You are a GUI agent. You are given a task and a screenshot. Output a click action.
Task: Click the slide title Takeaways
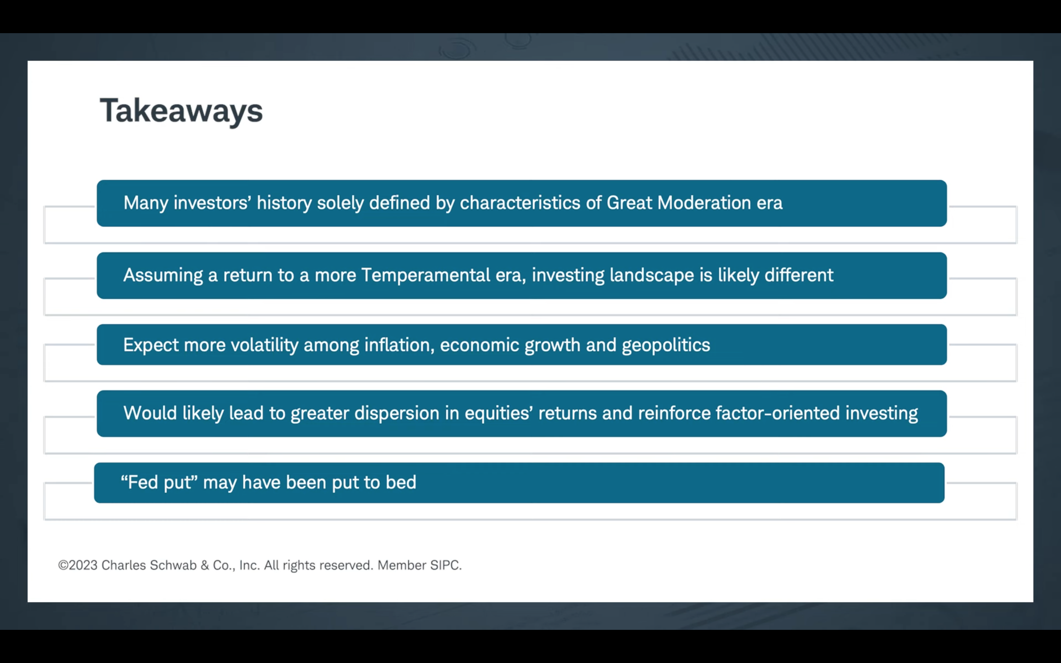point(181,111)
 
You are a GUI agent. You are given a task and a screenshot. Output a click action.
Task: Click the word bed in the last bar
point(401,482)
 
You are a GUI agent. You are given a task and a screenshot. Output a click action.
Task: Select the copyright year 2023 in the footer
point(83,565)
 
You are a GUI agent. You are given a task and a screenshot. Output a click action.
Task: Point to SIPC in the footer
point(446,565)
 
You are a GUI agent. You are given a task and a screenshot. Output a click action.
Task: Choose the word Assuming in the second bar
point(163,275)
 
